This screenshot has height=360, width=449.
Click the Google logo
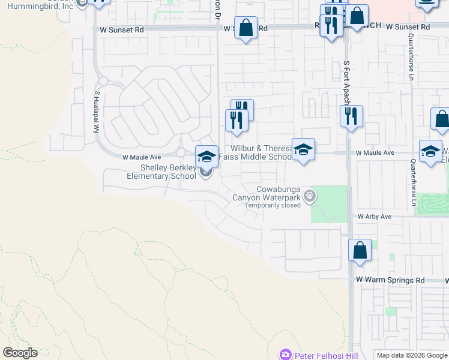(x=20, y=353)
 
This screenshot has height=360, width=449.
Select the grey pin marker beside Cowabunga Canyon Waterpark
(x=310, y=194)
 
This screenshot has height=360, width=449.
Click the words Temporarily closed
(x=272, y=205)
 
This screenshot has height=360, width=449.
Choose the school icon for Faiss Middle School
(x=303, y=149)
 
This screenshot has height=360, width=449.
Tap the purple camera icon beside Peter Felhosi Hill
(x=285, y=355)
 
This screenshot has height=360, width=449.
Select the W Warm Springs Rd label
(x=390, y=280)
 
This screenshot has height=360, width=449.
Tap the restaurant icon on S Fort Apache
(x=351, y=115)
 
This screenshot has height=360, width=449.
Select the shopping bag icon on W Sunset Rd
(x=246, y=28)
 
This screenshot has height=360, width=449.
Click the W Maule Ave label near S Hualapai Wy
(x=142, y=157)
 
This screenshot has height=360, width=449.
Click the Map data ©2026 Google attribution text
(x=411, y=355)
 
